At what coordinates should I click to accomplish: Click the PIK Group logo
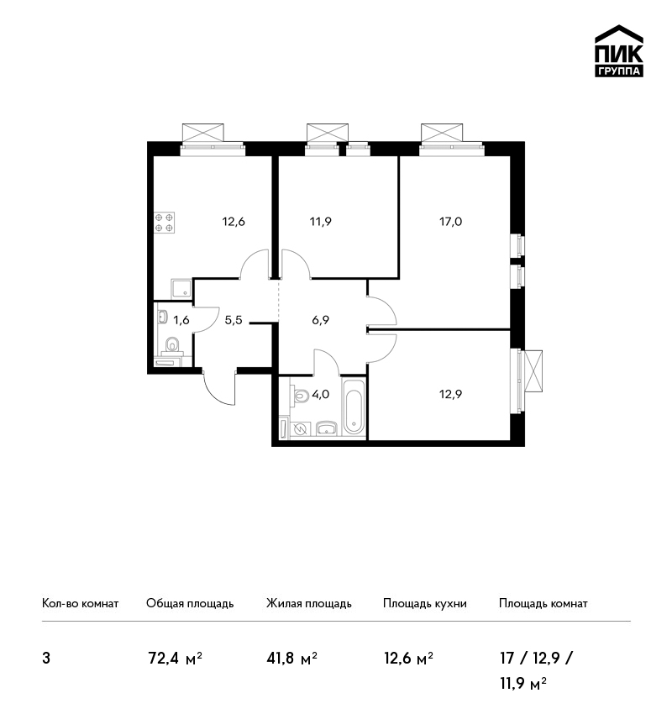coord(619,51)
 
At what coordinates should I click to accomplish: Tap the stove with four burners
coord(164,223)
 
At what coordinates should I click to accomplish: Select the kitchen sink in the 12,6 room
coord(181,289)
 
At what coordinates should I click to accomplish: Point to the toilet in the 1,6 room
coord(172,345)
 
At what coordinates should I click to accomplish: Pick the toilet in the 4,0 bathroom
coord(300,395)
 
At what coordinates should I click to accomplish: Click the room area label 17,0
coord(451,222)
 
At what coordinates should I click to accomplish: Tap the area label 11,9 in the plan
coord(321,222)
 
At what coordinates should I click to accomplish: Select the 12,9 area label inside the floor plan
coord(451,394)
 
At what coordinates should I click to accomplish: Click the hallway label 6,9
coord(321,320)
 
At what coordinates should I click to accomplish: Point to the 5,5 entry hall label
coord(234,320)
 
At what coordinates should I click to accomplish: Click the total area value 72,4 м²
coord(176,659)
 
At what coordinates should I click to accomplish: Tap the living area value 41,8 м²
coord(291,659)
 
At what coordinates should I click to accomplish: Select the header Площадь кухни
coord(425,604)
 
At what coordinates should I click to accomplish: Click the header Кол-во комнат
coord(80,604)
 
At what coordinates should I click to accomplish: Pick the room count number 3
coord(46,659)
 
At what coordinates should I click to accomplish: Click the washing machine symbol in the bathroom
coord(300,429)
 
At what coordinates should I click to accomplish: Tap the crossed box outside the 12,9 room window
coord(533,370)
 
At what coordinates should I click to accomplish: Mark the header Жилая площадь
coord(308,604)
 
